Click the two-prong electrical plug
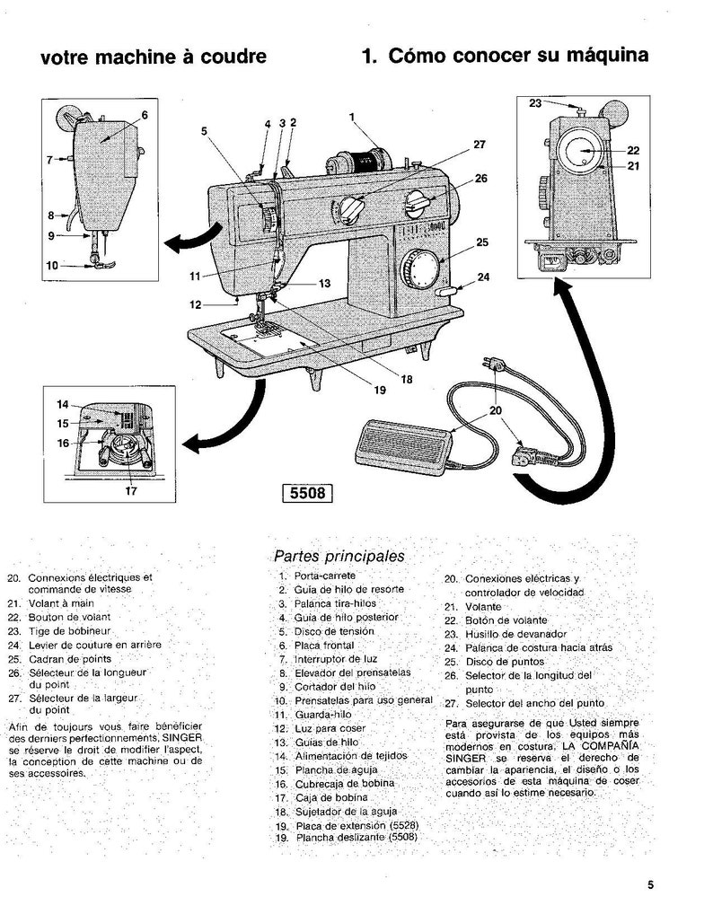(x=491, y=365)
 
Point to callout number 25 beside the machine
(x=481, y=242)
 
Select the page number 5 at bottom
(x=649, y=883)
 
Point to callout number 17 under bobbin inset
(x=131, y=490)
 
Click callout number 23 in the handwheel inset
(x=535, y=103)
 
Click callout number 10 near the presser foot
(x=51, y=266)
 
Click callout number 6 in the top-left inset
(x=144, y=114)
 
